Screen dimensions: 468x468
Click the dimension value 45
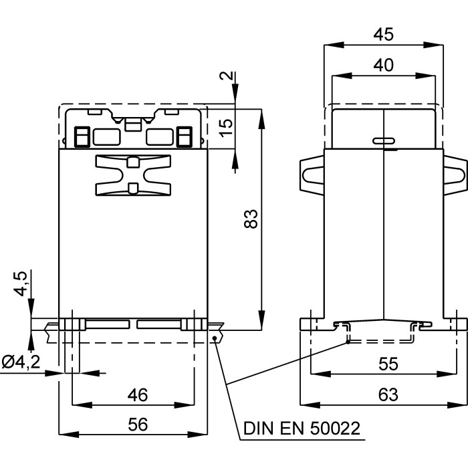pyautogui.click(x=384, y=34)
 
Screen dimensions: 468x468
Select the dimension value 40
pyautogui.click(x=384, y=65)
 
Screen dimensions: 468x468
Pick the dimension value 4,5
pyautogui.click(x=22, y=283)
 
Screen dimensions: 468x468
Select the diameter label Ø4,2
pyautogui.click(x=21, y=363)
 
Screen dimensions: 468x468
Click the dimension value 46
pyautogui.click(x=137, y=395)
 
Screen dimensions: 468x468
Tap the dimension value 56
pyautogui.click(x=137, y=425)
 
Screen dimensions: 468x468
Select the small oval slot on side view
pyautogui.click(x=383, y=141)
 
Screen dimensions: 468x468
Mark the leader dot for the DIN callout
pyautogui.click(x=215, y=338)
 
